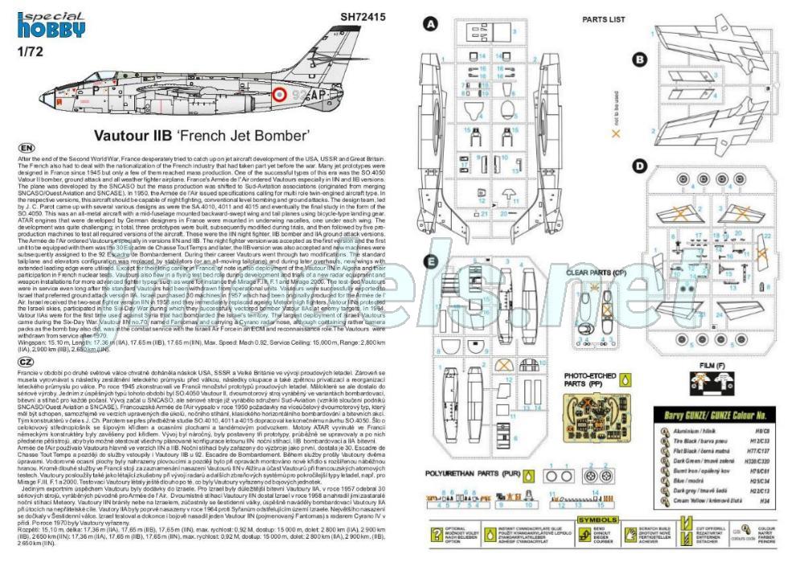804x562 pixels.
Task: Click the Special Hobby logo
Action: coord(51,23)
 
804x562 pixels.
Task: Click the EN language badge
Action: coord(26,149)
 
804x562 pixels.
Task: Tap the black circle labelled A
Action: coord(432,24)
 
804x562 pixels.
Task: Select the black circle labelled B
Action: coord(640,59)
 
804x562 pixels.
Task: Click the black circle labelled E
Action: coord(432,260)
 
